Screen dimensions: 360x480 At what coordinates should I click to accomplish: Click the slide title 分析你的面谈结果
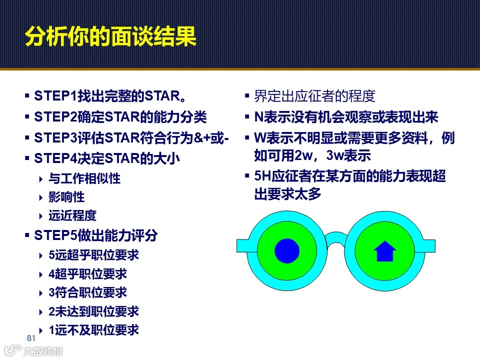click(110, 37)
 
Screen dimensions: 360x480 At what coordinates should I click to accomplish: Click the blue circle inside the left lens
click(287, 250)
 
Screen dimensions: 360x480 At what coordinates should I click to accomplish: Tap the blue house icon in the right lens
click(384, 251)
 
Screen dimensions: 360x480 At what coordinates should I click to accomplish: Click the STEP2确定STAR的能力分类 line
click(120, 117)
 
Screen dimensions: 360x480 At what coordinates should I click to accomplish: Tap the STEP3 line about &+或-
click(131, 138)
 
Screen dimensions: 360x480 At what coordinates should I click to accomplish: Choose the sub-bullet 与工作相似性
click(84, 178)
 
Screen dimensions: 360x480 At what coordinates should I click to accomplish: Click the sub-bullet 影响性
click(66, 197)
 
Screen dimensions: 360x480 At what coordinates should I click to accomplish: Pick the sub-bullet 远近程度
click(72, 216)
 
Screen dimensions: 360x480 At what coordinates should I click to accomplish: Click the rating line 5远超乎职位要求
click(93, 255)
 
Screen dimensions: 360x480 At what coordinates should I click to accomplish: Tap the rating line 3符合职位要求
click(87, 292)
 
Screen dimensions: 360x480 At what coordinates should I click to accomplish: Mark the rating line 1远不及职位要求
click(93, 330)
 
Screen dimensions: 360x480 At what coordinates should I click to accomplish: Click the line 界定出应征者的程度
click(314, 96)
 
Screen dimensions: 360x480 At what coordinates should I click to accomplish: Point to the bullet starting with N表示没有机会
click(346, 117)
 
